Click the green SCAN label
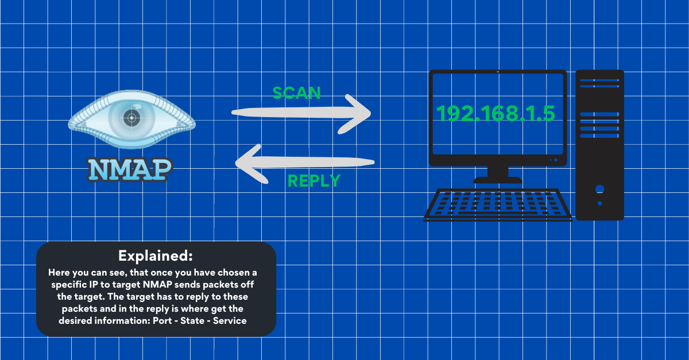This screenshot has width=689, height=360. click(296, 92)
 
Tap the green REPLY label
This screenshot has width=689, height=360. click(313, 181)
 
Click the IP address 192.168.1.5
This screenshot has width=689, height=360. click(496, 114)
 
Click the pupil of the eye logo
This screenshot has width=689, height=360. click(132, 118)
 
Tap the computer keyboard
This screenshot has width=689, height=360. click(498, 204)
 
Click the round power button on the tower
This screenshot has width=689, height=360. click(599, 189)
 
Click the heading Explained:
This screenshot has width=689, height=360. click(156, 255)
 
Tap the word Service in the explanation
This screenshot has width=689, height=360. click(230, 321)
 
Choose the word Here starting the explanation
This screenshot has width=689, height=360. click(60, 272)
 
